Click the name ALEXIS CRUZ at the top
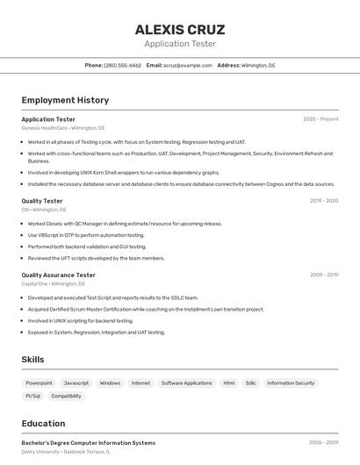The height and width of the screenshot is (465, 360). [180, 30]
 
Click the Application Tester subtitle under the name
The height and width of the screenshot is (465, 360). [180, 44]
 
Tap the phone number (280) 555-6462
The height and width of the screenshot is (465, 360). [122, 66]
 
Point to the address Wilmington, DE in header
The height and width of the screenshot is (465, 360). [258, 66]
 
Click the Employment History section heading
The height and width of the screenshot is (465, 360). [65, 100]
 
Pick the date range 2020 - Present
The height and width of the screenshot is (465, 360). [320, 119]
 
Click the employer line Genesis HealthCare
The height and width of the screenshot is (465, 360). [62, 128]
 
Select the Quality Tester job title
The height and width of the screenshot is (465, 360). [42, 201]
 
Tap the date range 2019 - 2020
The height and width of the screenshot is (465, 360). [324, 201]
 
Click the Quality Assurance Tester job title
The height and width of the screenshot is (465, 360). [58, 275]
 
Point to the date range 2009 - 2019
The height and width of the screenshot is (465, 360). [324, 275]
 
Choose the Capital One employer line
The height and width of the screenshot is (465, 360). [53, 284]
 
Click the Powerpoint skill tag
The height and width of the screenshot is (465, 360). [39, 383]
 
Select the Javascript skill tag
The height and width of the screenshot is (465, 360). [76, 383]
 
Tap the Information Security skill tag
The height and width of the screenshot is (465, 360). [291, 383]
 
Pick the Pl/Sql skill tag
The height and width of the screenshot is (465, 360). [33, 397]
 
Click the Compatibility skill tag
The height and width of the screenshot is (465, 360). [66, 397]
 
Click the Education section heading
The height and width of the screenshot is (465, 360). [44, 424]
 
